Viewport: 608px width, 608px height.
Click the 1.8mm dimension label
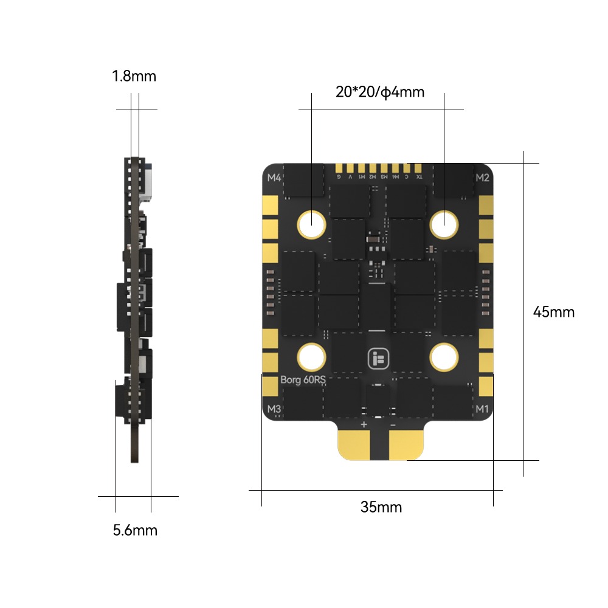tap(134, 77)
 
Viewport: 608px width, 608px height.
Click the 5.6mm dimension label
tap(135, 530)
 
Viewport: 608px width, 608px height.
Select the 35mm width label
tap(381, 507)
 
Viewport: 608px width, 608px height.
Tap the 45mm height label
tap(553, 312)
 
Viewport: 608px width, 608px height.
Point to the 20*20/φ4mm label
tap(379, 92)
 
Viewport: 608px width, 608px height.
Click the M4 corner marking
tap(274, 178)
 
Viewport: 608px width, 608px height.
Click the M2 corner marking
tap(482, 178)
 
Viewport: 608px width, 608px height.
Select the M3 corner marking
tap(274, 409)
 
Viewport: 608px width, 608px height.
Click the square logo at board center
tap(378, 358)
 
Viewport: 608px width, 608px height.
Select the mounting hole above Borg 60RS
tap(312, 356)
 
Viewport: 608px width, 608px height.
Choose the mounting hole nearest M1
tap(444, 356)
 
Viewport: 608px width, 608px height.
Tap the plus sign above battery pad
tap(364, 424)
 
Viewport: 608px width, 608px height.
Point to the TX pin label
tap(418, 177)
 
